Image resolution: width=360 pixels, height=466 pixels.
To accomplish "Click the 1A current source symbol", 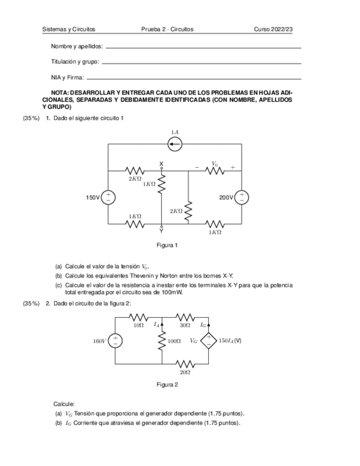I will point(175,144).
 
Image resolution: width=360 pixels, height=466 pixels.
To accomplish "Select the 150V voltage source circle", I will point(108,197).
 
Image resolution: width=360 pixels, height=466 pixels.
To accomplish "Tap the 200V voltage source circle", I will point(242,197).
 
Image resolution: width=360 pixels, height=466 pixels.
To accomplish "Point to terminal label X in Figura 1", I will point(162,164).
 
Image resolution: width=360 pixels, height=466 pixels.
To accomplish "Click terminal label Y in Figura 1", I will point(162,231).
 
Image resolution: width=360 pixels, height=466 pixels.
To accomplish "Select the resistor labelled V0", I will point(215,170).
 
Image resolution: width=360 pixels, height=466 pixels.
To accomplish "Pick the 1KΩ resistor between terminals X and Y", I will point(162,185).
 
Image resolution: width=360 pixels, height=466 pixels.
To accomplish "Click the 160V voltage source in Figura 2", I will point(115,341).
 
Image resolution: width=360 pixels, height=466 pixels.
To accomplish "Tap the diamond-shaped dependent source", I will point(209,341).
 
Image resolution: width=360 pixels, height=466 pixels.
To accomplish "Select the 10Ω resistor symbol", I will point(139,317).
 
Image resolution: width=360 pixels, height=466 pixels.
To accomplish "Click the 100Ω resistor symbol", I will point(162,341).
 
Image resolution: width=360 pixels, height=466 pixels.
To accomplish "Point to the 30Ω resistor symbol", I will point(185,317).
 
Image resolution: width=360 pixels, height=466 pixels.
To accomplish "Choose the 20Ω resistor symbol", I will point(185,364).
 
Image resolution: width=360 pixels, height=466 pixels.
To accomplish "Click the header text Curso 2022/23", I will point(273,29).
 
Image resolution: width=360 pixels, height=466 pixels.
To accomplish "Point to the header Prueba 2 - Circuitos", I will point(167,29).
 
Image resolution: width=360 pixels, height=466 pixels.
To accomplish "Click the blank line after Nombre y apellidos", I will point(203,47).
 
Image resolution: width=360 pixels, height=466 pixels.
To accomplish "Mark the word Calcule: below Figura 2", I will point(64,403).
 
